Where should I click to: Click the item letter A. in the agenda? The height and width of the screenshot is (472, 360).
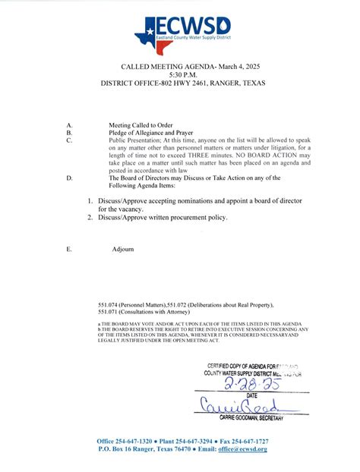pos(70,124)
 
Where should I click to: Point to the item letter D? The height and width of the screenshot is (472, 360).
pos(70,178)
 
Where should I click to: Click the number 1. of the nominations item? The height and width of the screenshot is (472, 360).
pos(90,200)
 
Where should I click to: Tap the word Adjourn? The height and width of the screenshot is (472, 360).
pos(123,249)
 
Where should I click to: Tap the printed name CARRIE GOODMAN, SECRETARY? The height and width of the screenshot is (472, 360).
pos(251,418)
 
